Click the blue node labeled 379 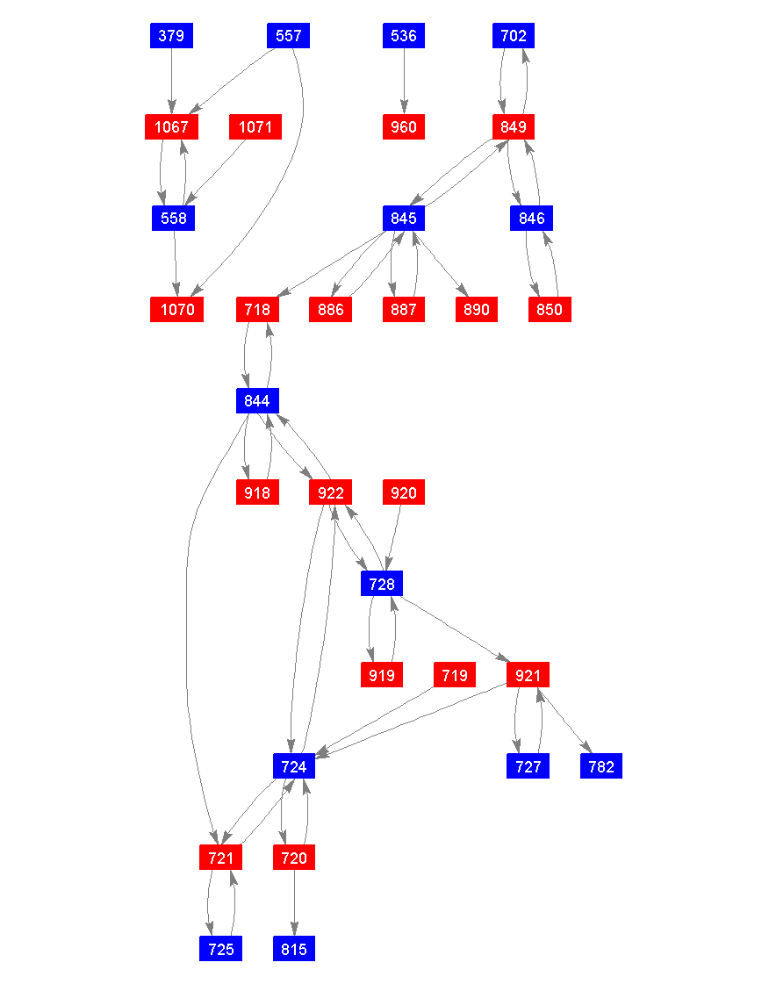pyautogui.click(x=171, y=36)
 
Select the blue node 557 pyautogui.click(x=288, y=36)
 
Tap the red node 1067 pyautogui.click(x=171, y=127)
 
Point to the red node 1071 pyautogui.click(x=255, y=127)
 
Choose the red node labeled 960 pyautogui.click(x=404, y=127)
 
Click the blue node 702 pyautogui.click(x=514, y=36)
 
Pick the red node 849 pyautogui.click(x=514, y=127)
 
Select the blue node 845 pyautogui.click(x=404, y=219)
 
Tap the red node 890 pyautogui.click(x=477, y=310)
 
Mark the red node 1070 pyautogui.click(x=176, y=310)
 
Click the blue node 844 pyautogui.click(x=257, y=401)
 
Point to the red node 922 pyautogui.click(x=330, y=492)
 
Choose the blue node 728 pyautogui.click(x=382, y=584)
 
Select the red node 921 pyautogui.click(x=528, y=675)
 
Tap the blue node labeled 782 pyautogui.click(x=601, y=766)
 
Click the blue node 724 pyautogui.click(x=294, y=766)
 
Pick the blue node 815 pyautogui.click(x=294, y=949)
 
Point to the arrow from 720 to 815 pyautogui.click(x=294, y=903)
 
